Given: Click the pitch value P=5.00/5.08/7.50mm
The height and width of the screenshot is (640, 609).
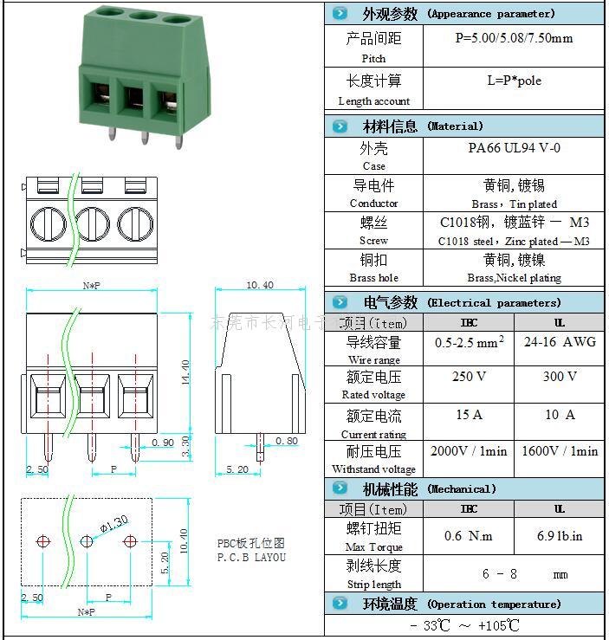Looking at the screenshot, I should click(514, 38).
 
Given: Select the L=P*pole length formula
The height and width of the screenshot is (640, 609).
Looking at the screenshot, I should click(514, 81).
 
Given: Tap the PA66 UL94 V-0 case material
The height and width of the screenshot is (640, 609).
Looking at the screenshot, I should click(514, 148).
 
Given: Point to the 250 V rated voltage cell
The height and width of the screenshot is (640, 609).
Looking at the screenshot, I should click(468, 377).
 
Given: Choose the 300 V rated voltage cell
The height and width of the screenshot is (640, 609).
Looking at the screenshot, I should click(559, 377).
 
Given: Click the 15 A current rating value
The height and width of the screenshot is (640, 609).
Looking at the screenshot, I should click(468, 415).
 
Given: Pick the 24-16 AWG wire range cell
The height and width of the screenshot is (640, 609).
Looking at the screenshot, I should click(560, 342).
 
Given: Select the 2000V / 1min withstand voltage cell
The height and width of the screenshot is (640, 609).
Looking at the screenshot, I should click(469, 451).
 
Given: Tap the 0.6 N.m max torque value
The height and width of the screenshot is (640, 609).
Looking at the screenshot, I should click(468, 536).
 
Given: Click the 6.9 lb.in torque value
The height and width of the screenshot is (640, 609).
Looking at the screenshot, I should click(560, 536).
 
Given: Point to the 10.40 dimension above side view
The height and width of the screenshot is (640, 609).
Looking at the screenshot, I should click(260, 285).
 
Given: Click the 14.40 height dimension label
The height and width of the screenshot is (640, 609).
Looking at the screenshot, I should click(185, 372).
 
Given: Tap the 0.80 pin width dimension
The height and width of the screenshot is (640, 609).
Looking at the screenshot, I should click(287, 441).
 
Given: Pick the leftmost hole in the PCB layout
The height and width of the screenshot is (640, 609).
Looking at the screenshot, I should click(43, 542).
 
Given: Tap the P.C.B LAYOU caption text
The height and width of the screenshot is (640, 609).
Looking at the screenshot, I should click(251, 557).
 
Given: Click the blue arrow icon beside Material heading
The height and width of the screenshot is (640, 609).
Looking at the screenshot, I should click(340, 126).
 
